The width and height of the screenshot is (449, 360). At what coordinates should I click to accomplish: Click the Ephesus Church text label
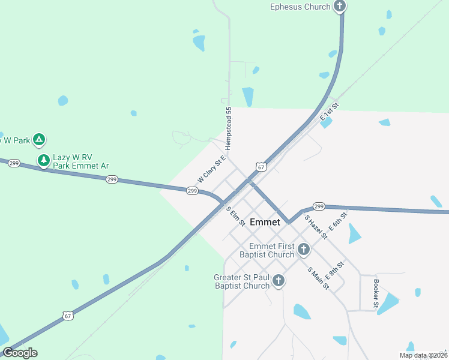point(300,7)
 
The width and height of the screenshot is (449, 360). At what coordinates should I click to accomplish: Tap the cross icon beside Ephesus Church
point(340,7)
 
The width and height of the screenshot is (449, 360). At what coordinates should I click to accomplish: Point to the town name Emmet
point(265,222)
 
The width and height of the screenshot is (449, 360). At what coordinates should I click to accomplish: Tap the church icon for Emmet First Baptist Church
point(304,249)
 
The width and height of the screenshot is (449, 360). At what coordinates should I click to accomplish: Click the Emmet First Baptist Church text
point(267,250)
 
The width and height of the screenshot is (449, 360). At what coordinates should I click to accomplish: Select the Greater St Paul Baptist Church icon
point(278,280)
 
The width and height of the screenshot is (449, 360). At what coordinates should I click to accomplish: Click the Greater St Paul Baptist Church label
point(242,281)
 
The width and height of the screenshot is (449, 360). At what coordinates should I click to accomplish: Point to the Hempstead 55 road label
point(228,128)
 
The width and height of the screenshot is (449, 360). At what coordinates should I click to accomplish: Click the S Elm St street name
point(235,217)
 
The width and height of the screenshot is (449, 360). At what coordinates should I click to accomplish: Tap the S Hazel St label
point(316,227)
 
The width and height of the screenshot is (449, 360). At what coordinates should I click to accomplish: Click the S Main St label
point(318,278)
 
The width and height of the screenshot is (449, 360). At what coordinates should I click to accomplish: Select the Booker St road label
point(376,293)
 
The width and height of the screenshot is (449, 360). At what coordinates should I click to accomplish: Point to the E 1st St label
point(330,112)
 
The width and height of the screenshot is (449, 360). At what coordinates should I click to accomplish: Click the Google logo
point(20,353)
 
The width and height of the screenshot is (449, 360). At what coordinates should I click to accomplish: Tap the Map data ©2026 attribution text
point(422,355)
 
